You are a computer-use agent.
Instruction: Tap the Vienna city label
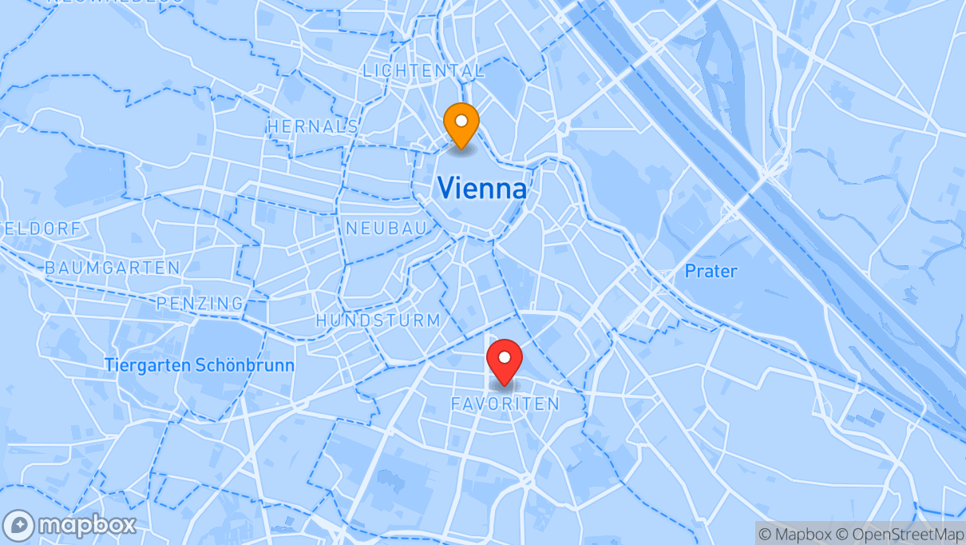pyautogui.click(x=482, y=189)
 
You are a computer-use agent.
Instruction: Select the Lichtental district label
pyautogui.click(x=423, y=70)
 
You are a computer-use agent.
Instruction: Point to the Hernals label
pyautogui.click(x=313, y=126)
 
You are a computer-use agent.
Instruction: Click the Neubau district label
pyautogui.click(x=386, y=229)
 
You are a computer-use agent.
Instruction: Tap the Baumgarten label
pyautogui.click(x=113, y=268)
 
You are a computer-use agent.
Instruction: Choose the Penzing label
pyautogui.click(x=200, y=303)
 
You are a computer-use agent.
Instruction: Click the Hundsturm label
pyautogui.click(x=378, y=320)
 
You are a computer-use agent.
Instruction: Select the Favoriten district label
pyautogui.click(x=505, y=404)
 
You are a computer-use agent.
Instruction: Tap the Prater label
pyautogui.click(x=711, y=271)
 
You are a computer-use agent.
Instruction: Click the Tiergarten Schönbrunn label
pyautogui.click(x=199, y=365)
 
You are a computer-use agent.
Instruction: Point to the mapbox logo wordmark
pyautogui.click(x=87, y=526)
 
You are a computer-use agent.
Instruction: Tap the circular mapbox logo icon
pyautogui.click(x=18, y=526)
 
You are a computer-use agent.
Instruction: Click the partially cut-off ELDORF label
pyautogui.click(x=40, y=229)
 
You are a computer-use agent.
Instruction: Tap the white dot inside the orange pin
pyautogui.click(x=461, y=121)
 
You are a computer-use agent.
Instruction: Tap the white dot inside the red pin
pyautogui.click(x=504, y=356)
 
